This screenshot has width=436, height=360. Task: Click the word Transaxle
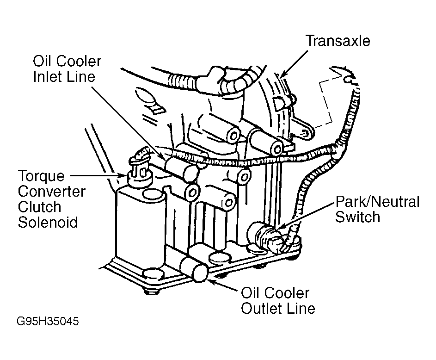click(338, 41)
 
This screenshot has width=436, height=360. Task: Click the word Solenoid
click(48, 222)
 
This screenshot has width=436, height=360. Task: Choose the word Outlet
click(264, 308)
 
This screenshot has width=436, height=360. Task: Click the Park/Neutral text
click(377, 202)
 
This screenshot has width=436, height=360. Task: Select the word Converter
click(51, 191)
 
